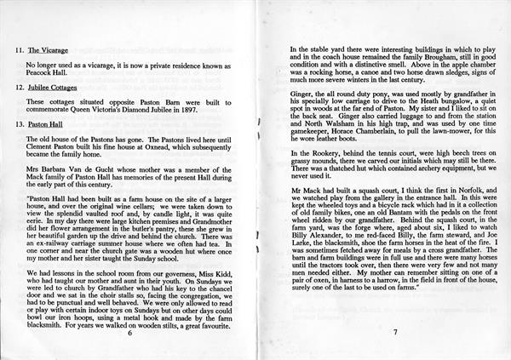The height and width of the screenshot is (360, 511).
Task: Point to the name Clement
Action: (42, 146)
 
